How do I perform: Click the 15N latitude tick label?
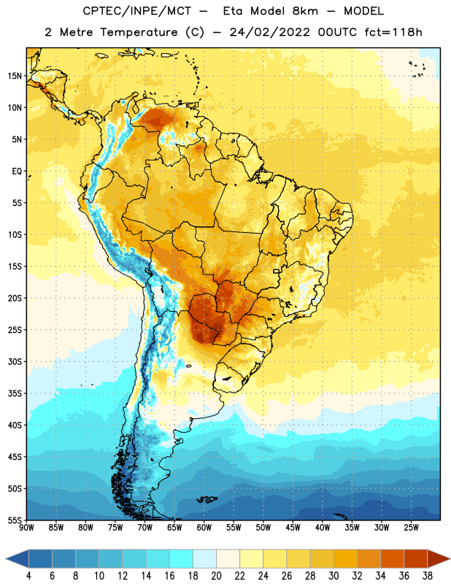pyautogui.click(x=15, y=76)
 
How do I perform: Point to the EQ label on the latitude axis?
pyautogui.click(x=17, y=172)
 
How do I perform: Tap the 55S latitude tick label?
pyautogui.click(x=15, y=520)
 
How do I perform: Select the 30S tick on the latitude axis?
pyautogui.click(x=15, y=361)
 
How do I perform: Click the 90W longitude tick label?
pyautogui.click(x=26, y=528)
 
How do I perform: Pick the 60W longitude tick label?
pyautogui.click(x=204, y=528)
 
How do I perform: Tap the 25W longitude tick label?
pyautogui.click(x=411, y=528)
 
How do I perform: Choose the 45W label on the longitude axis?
pyautogui.click(x=293, y=528)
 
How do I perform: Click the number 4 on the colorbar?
pyautogui.click(x=28, y=576)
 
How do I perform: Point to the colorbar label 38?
pyautogui.click(x=427, y=576)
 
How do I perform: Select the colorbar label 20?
pyautogui.click(x=216, y=576)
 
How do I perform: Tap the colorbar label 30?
pyautogui.click(x=334, y=576)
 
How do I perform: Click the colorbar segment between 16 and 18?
pyautogui.click(x=182, y=558)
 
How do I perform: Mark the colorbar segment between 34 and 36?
pyautogui.click(x=392, y=558)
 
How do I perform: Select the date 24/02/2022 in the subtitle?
pyautogui.click(x=269, y=32)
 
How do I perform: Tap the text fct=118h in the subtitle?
pyautogui.click(x=393, y=32)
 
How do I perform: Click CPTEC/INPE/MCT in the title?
pyautogui.click(x=136, y=11)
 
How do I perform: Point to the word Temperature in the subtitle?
pyautogui.click(x=139, y=32)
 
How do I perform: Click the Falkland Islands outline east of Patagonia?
pyautogui.click(x=207, y=499)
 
